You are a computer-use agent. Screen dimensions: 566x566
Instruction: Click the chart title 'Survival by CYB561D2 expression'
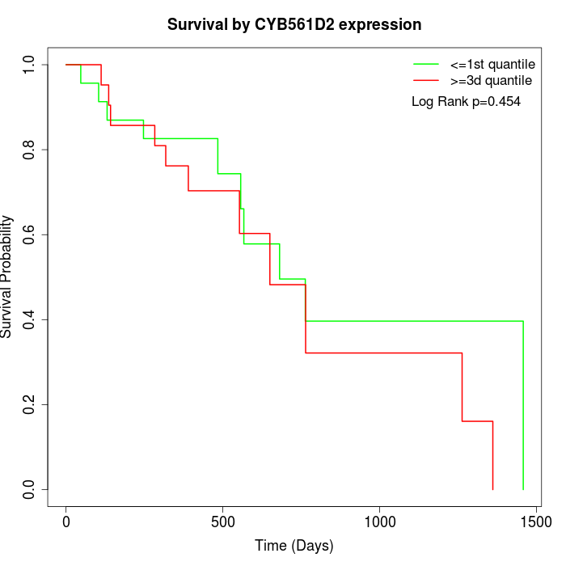(x=294, y=25)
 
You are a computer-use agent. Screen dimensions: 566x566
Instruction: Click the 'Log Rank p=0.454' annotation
(x=466, y=102)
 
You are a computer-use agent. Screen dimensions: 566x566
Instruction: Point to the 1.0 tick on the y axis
(x=30, y=65)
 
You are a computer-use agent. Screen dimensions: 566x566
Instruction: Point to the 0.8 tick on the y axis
(x=30, y=150)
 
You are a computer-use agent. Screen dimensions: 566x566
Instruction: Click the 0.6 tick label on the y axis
(x=30, y=234)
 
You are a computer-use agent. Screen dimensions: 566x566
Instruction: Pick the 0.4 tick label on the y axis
(x=30, y=319)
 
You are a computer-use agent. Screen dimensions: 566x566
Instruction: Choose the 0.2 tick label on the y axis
(x=30, y=404)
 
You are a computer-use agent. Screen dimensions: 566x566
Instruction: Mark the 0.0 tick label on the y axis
(x=30, y=489)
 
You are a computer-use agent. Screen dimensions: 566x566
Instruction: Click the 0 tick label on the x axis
(x=66, y=522)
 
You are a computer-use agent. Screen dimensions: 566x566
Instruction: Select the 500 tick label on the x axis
(x=223, y=522)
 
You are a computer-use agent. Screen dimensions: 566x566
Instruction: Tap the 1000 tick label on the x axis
(x=379, y=522)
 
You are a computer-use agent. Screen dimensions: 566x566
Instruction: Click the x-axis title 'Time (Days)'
(x=294, y=546)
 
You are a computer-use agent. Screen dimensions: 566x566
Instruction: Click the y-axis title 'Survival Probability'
(x=8, y=277)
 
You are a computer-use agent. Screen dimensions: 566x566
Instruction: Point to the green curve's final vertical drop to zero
(x=523, y=404)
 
